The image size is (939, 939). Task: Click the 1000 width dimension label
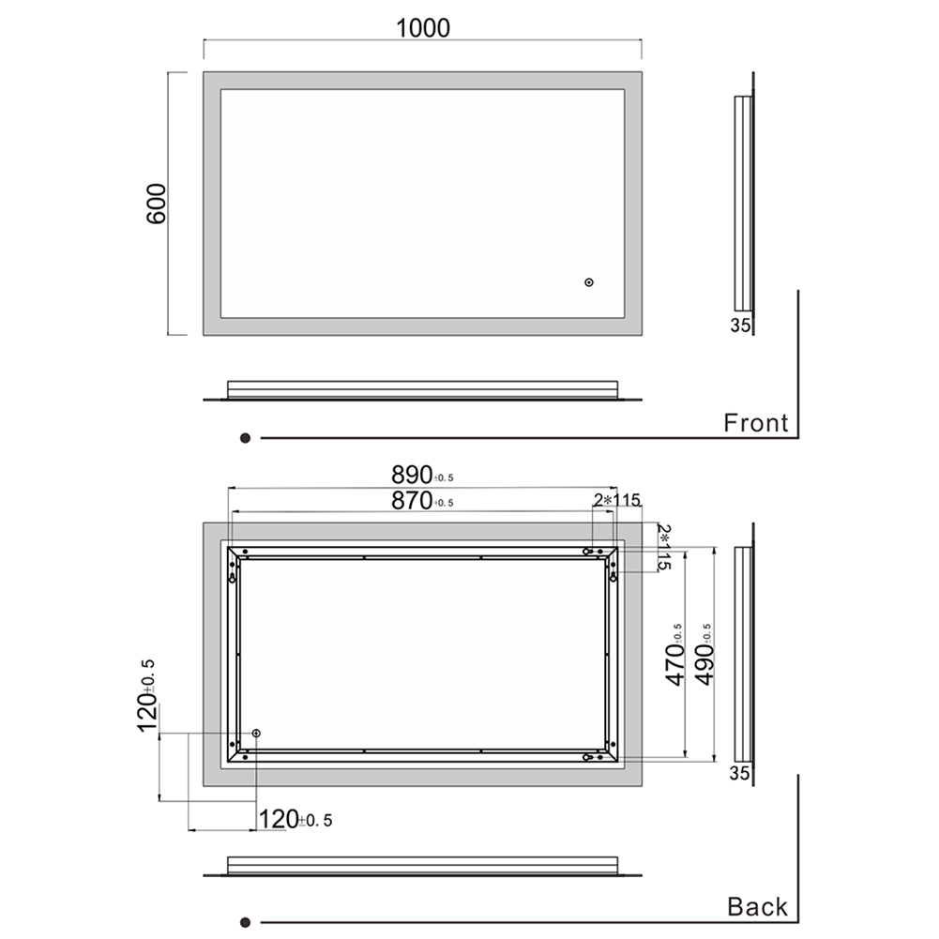(423, 28)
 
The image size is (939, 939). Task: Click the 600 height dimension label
(157, 204)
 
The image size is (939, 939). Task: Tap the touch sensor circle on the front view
(589, 282)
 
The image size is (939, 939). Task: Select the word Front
(756, 423)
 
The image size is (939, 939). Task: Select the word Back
(758, 907)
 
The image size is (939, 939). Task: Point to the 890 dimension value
(412, 475)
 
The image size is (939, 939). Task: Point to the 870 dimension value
(412, 500)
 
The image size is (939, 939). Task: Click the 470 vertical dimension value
(675, 663)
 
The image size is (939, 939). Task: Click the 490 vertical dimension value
(704, 663)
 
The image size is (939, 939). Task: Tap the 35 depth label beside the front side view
(740, 326)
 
